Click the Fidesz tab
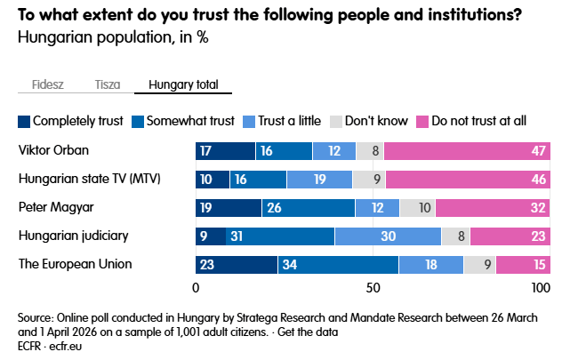(x=47, y=85)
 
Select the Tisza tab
(x=108, y=85)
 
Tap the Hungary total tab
(x=182, y=85)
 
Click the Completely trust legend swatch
(x=24, y=121)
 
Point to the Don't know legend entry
(x=369, y=121)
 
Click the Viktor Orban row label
(x=54, y=150)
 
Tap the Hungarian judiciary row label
(x=74, y=236)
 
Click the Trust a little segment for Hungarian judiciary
(x=388, y=236)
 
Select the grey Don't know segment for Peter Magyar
(x=418, y=208)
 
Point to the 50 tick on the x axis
(x=373, y=288)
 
